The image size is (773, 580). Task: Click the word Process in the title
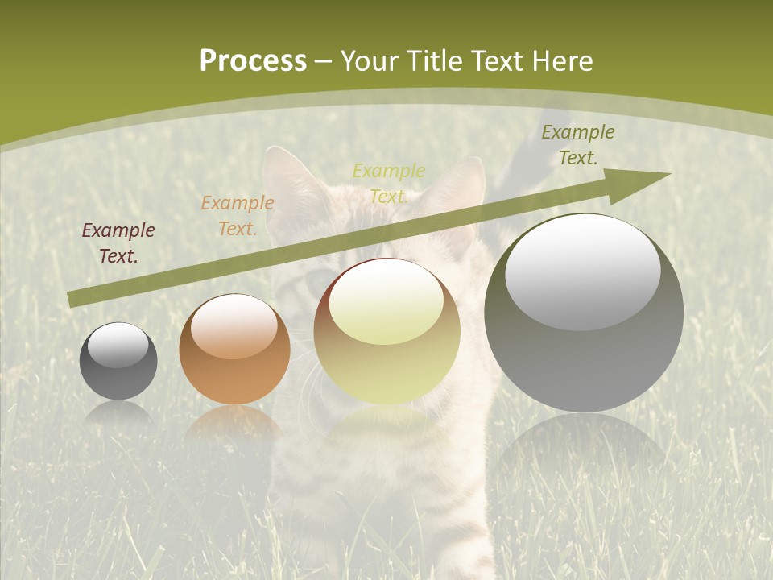tap(253, 61)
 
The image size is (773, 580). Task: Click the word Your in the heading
tap(371, 61)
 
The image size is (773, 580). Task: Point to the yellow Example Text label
tap(389, 184)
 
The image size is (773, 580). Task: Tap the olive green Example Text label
tap(578, 145)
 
